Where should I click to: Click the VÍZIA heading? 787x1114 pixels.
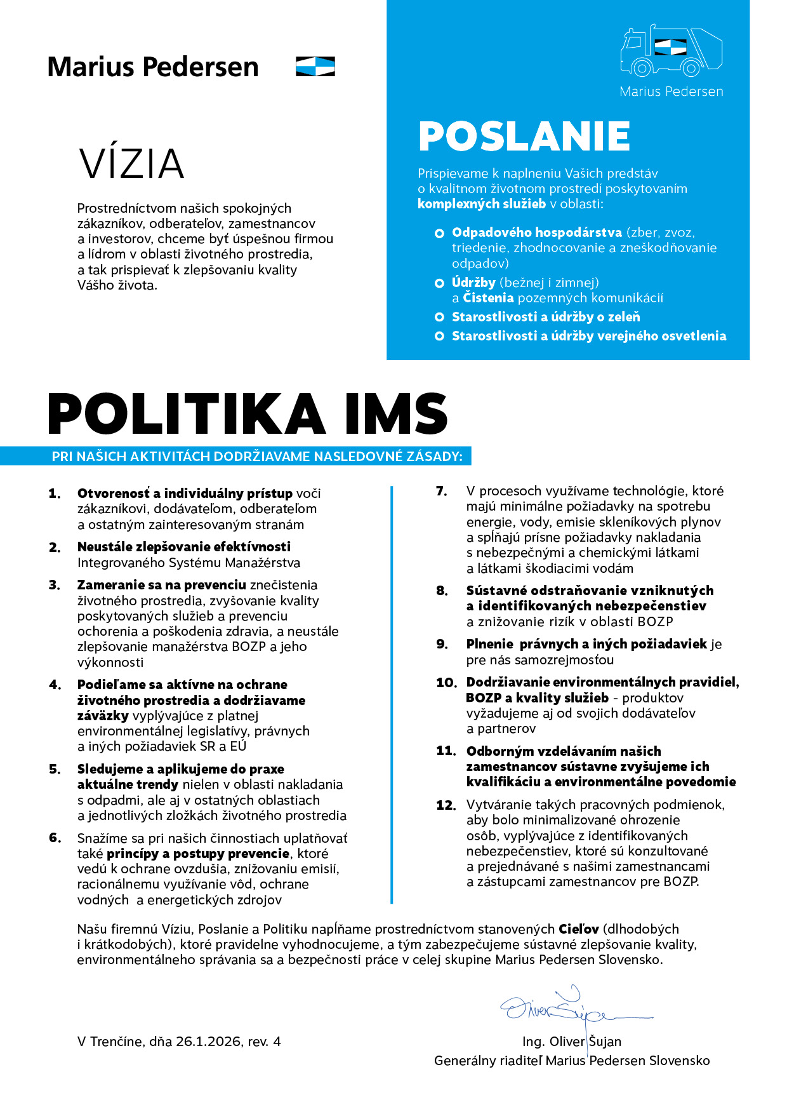(x=131, y=163)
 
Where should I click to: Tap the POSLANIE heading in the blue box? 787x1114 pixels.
(x=524, y=136)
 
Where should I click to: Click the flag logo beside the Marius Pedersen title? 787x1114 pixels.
(x=315, y=67)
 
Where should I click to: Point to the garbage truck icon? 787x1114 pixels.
(x=671, y=52)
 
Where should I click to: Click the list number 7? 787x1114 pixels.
(x=441, y=491)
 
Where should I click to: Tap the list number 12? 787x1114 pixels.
(x=446, y=805)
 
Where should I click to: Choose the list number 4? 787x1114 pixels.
(x=55, y=685)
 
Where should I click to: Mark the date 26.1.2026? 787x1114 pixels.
(x=208, y=1042)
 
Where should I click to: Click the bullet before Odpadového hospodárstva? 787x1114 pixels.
(x=439, y=234)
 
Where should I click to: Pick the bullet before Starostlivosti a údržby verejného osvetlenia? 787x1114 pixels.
(x=439, y=336)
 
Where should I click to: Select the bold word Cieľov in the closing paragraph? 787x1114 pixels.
(x=578, y=929)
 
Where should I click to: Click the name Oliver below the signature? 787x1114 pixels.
(x=567, y=1042)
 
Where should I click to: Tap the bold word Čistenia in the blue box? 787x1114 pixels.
(x=488, y=298)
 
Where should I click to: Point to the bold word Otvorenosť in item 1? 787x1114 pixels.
(x=113, y=493)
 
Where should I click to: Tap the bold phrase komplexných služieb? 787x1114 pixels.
(x=481, y=204)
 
